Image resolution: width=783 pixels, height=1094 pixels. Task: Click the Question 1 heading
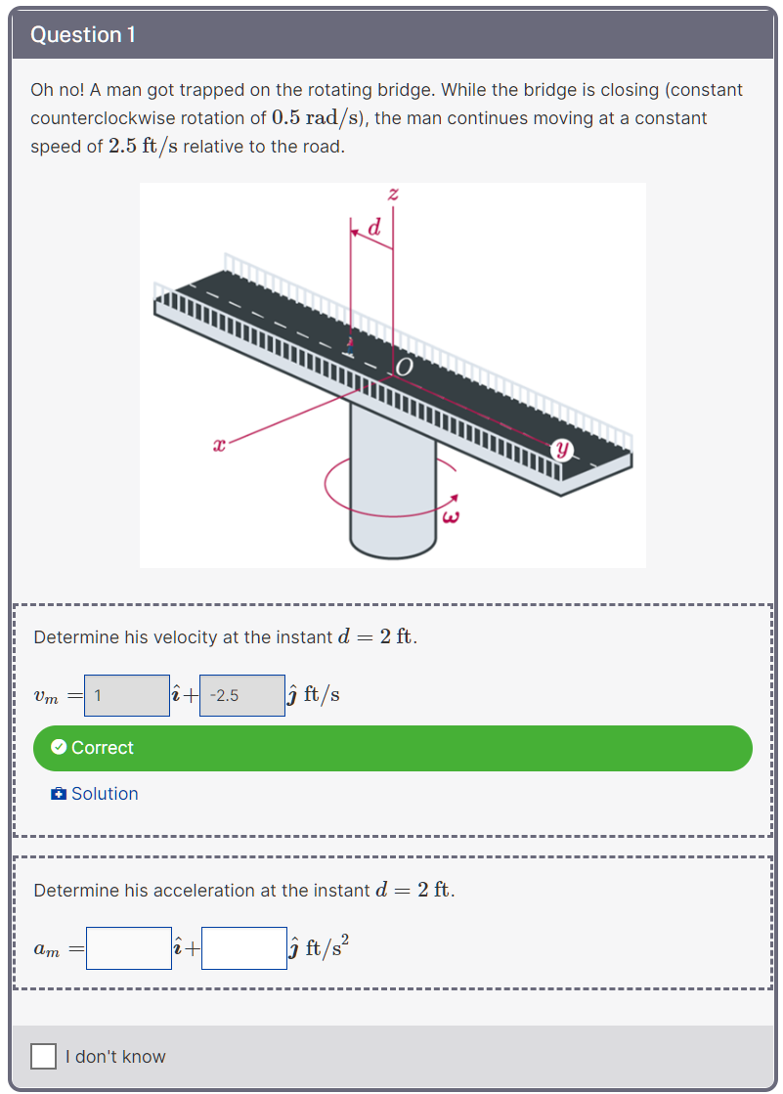pos(83,34)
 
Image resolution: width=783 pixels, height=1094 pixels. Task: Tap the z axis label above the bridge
pos(393,194)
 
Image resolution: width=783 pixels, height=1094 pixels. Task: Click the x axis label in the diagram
pos(219,446)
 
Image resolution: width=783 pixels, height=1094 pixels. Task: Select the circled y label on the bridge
pos(562,450)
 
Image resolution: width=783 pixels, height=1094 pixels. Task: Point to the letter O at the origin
pos(406,367)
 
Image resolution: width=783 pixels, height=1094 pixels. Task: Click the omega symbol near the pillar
pos(451,516)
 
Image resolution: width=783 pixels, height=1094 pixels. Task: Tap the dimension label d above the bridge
pos(373,229)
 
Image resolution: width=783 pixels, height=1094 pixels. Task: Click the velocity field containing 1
pos(127,695)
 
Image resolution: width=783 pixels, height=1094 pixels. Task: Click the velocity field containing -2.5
pos(241,695)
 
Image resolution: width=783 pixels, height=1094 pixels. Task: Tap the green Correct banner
pos(392,748)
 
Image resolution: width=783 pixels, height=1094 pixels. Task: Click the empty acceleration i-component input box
pos(128,948)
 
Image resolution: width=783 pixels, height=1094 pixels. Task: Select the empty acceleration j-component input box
pos(244,948)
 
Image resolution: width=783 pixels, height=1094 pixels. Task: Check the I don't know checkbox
pos(43,1056)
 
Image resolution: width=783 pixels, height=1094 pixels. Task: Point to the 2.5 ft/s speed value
pos(144,147)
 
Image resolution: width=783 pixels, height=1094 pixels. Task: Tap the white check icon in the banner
pos(59,748)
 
